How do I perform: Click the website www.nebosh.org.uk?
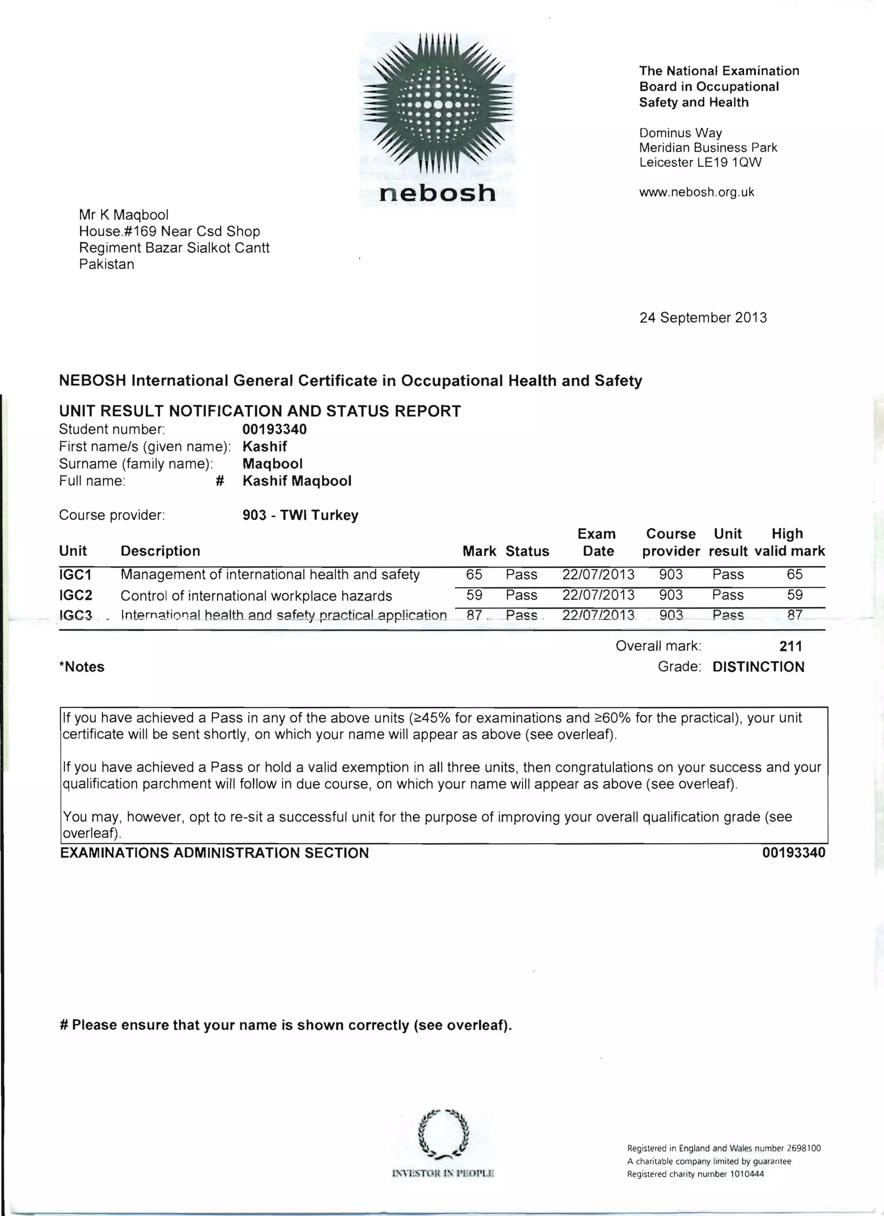coord(696,192)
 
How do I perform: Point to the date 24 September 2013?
coord(703,317)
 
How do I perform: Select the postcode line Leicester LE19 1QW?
coord(700,162)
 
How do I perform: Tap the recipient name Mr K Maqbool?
coord(124,215)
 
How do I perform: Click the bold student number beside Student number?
coord(275,429)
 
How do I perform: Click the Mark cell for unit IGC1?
coord(474,574)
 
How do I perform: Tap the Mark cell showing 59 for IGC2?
coord(474,595)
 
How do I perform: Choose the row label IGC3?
coord(76,615)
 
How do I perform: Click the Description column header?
coord(160,551)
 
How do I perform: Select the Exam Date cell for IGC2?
coord(598,595)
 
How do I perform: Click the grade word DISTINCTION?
coord(758,666)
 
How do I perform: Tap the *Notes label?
coord(82,666)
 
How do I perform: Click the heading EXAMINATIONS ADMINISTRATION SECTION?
coord(215,853)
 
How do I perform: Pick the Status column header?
coord(527,551)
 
